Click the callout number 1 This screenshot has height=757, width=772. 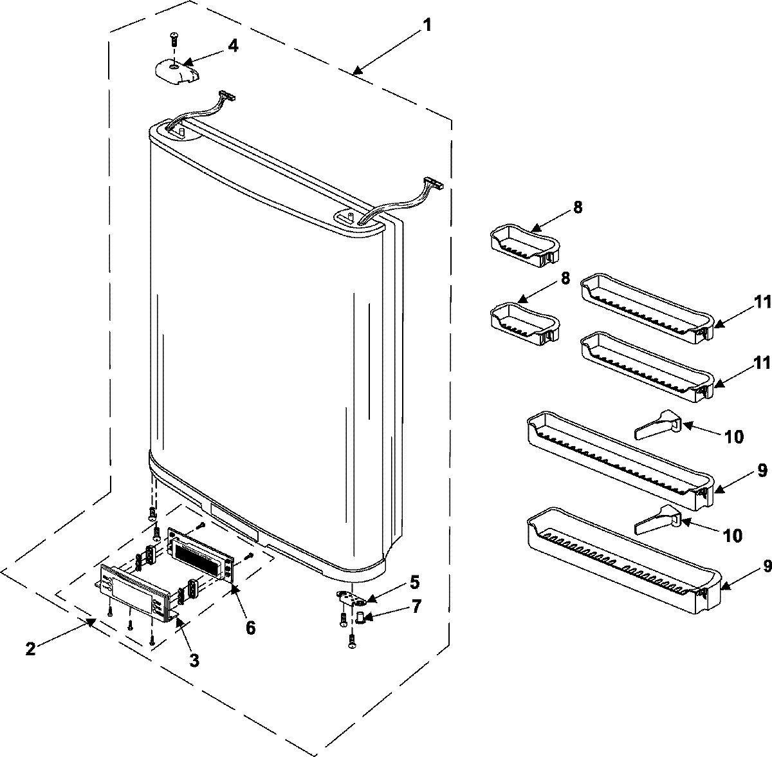pos(427,26)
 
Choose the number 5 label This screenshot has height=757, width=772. pos(414,583)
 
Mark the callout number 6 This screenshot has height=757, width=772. pos(249,627)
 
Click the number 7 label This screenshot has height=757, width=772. pos(417,607)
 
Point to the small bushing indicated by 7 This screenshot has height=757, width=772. pos(361,618)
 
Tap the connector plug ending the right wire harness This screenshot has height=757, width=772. pos(434,184)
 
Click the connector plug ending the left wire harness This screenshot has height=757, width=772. pos(226,96)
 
